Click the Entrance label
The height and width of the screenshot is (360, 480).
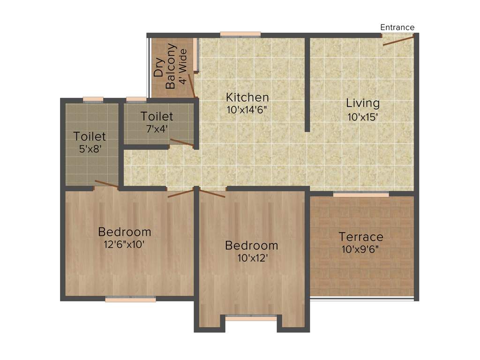coord(397,27)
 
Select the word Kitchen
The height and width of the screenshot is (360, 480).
coord(247,97)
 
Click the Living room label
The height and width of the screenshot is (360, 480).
coord(363,103)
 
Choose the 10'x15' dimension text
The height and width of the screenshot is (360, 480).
coord(363,117)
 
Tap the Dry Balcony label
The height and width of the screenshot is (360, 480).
coord(165,67)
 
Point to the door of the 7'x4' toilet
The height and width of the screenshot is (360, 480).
coord(181,143)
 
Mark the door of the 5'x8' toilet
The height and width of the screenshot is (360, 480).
coord(106,184)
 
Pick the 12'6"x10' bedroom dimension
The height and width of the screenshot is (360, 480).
coord(124,244)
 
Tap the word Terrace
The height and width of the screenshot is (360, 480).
coord(361,237)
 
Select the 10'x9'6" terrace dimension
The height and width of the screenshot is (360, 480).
coord(361,249)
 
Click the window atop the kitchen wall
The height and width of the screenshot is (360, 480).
coord(240,34)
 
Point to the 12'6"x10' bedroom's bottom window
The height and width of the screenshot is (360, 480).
coord(130,299)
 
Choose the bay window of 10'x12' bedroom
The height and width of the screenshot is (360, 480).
coord(251,318)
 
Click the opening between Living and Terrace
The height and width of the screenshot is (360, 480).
coord(361,194)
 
